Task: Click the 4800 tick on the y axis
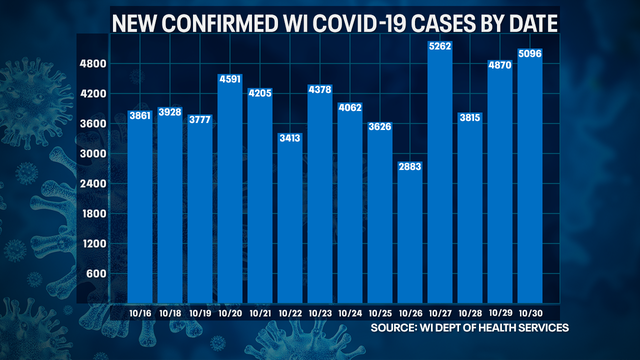[x=94, y=64]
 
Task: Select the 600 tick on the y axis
[x=97, y=274]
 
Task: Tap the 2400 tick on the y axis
[x=94, y=184]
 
